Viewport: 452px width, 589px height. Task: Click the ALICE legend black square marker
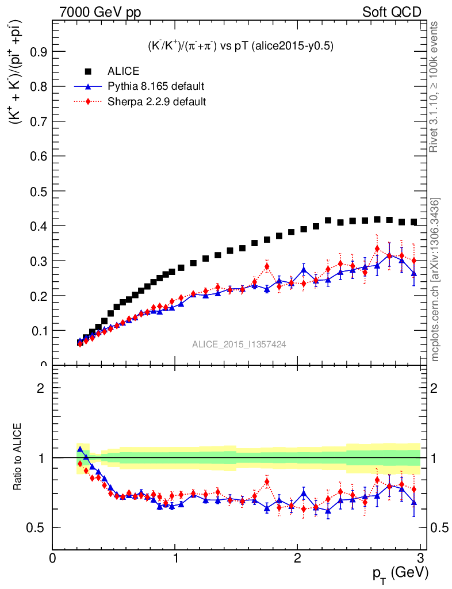[x=88, y=71]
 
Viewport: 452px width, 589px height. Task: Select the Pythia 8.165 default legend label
[x=156, y=87]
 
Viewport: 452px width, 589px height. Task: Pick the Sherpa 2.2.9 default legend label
[x=156, y=102]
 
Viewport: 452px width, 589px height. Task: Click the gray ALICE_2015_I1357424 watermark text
[x=239, y=344]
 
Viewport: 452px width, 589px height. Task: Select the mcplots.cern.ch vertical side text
[x=435, y=280]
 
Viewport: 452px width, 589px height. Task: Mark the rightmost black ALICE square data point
[x=413, y=222]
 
